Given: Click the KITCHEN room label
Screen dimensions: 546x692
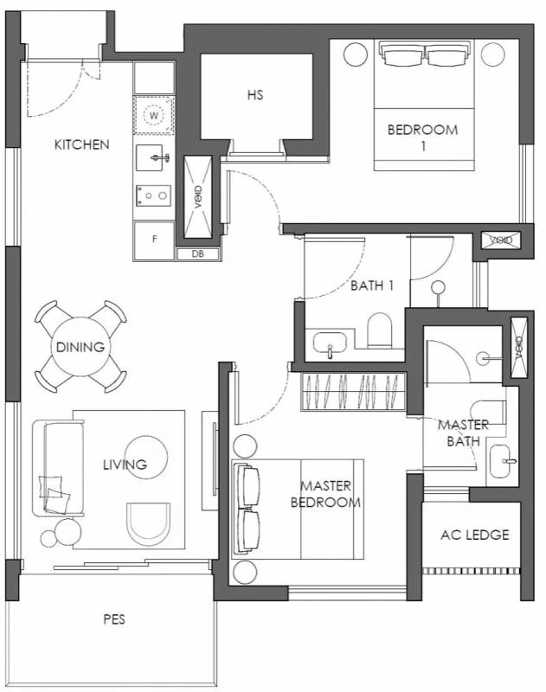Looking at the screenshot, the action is [x=81, y=144].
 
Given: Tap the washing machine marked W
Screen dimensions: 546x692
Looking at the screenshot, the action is [x=154, y=116].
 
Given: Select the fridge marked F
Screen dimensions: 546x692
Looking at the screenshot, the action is [x=154, y=240].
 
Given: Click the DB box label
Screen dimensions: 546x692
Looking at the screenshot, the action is [x=198, y=254].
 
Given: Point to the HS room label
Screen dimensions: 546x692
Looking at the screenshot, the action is [x=255, y=94].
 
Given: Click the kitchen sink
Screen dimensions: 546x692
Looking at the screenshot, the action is [x=152, y=157].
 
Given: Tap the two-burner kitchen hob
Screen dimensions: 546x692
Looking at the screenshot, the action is [x=153, y=195].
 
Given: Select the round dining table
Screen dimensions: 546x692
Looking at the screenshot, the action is [x=80, y=347].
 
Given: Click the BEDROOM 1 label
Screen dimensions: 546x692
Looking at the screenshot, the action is [x=423, y=138].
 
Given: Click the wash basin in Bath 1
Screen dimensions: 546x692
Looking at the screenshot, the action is [x=330, y=343].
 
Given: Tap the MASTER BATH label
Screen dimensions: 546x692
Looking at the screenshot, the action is [x=463, y=433].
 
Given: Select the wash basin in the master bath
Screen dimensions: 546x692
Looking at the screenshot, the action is [x=500, y=460].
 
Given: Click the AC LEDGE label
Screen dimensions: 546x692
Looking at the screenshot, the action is [x=475, y=535].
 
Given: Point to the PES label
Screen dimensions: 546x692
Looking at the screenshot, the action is [x=114, y=619].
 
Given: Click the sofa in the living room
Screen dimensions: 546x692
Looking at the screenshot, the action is [x=58, y=469].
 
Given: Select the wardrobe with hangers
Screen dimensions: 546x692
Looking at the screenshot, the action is [x=353, y=392].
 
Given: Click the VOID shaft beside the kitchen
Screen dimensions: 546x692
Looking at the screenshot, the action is [x=198, y=197].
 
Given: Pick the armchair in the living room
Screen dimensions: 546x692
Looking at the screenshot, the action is [x=148, y=524].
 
